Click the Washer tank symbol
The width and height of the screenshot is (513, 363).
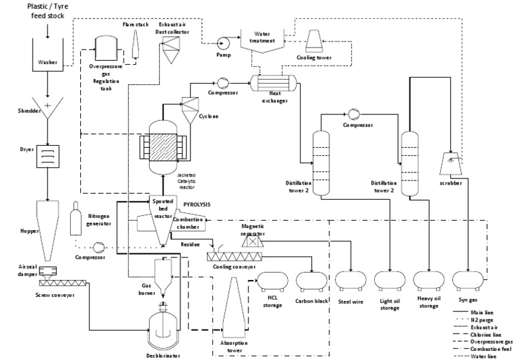pos(47,57)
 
